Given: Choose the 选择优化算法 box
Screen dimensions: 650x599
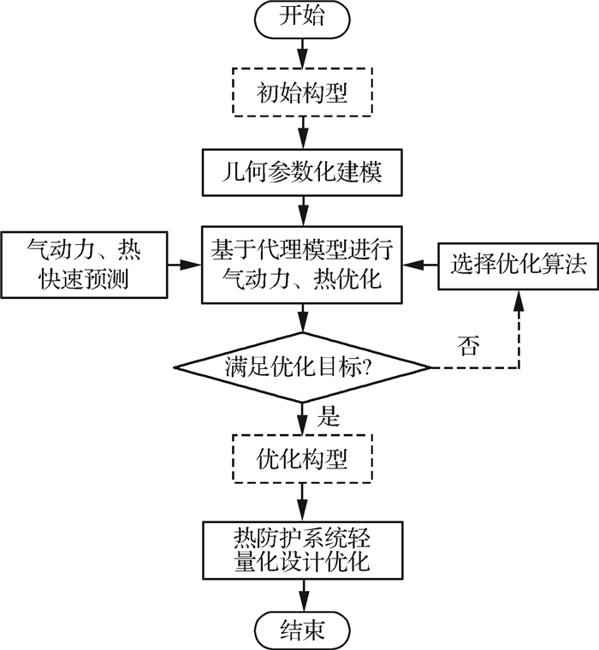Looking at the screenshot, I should tap(513, 265).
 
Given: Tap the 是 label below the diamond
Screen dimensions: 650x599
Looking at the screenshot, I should tap(329, 418).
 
